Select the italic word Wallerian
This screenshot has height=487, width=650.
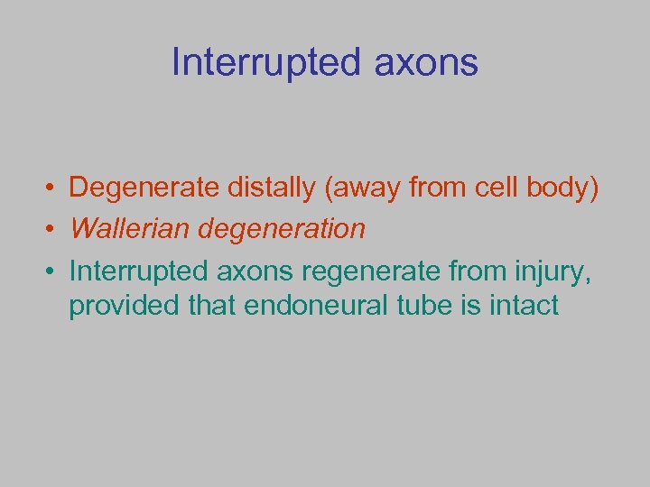pos(127,228)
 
